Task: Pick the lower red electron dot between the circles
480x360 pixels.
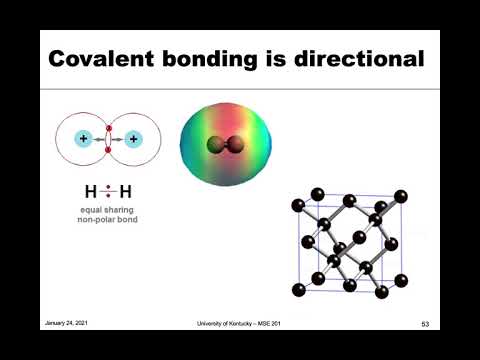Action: [108, 149]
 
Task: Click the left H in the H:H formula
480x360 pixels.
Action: [91, 191]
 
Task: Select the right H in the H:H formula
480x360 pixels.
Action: [125, 191]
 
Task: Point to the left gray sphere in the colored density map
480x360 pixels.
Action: [213, 146]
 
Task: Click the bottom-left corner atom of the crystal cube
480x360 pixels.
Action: [298, 290]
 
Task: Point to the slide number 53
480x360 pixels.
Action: [425, 323]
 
